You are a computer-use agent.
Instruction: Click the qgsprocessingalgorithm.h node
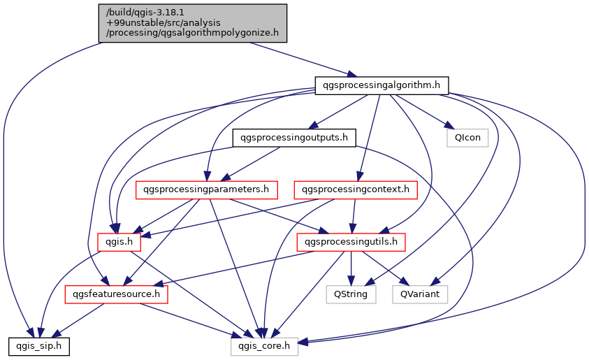(381, 85)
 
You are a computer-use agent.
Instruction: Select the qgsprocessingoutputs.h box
(293, 138)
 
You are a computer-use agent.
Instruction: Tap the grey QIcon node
(467, 138)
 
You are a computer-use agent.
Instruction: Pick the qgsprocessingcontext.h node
(356, 189)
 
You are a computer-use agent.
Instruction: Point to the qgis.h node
(119, 242)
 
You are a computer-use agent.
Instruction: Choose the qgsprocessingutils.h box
(351, 242)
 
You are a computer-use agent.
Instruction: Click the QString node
(351, 294)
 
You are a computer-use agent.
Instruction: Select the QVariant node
(419, 294)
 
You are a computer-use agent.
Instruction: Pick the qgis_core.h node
(265, 346)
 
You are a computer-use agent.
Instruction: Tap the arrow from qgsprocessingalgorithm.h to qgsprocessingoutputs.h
(335, 112)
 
